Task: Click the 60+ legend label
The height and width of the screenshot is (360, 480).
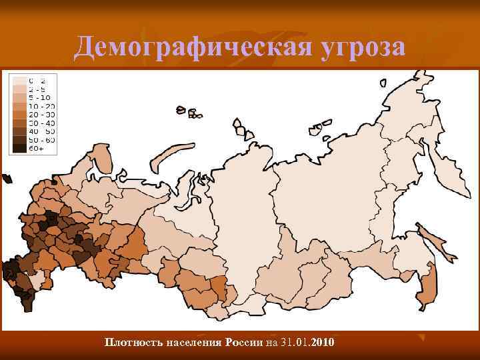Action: click(x=36, y=149)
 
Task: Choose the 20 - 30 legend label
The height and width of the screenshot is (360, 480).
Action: click(x=40, y=114)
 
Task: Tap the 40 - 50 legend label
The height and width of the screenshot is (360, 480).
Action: click(x=40, y=131)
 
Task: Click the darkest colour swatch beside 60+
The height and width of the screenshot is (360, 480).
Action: click(x=19, y=149)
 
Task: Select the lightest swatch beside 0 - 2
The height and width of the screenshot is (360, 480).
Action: click(x=19, y=79)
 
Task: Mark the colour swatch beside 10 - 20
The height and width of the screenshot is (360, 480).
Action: click(x=19, y=105)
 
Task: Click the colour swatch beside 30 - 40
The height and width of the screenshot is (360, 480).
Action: click(x=19, y=123)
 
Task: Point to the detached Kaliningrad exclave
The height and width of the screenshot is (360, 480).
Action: click(x=7, y=179)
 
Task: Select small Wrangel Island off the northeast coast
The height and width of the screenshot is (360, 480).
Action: click(x=383, y=83)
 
